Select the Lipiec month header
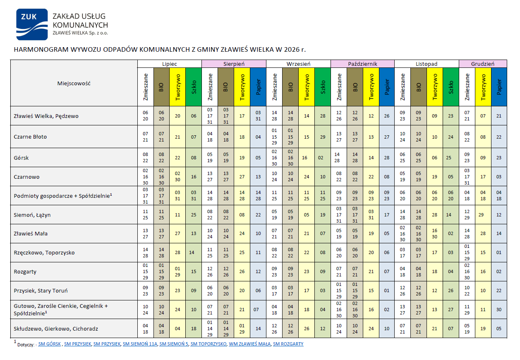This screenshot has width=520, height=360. coord(170,64)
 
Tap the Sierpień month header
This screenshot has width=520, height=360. coord(234,64)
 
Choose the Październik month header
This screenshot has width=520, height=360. coord(362,64)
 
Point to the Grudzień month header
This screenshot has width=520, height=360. coord(483,64)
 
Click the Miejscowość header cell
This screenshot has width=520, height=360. coord(74,83)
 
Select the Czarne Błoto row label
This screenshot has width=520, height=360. coord(31,137)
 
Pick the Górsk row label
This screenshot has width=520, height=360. coord(22,158)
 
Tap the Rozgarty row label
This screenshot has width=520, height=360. coord(25,272)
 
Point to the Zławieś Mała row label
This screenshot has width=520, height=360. coord(31,234)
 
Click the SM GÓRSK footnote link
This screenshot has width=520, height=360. coord(50,344)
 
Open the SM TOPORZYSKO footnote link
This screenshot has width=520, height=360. coord(208,344)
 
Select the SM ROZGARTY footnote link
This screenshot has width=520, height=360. coord(288,344)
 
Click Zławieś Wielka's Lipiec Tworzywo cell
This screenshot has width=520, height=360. coord(177,116)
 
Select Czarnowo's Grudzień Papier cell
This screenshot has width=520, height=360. coord(499,177)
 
